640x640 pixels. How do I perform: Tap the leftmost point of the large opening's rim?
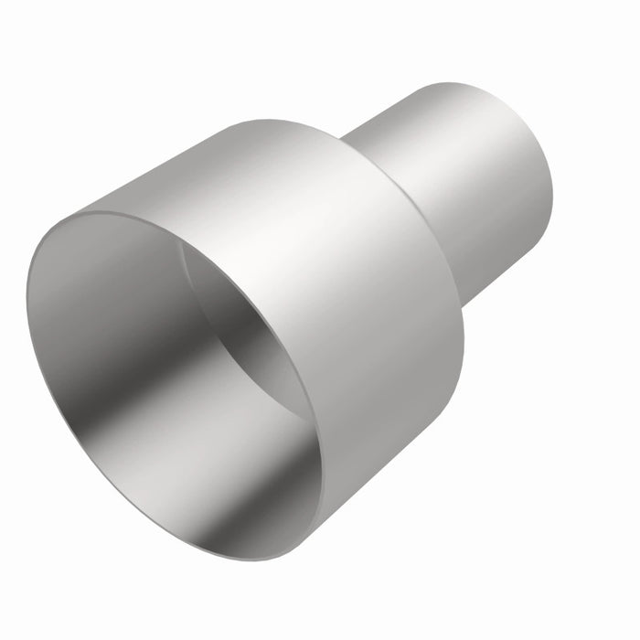click(x=27, y=302)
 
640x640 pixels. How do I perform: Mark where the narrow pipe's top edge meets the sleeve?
click(x=346, y=139)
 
